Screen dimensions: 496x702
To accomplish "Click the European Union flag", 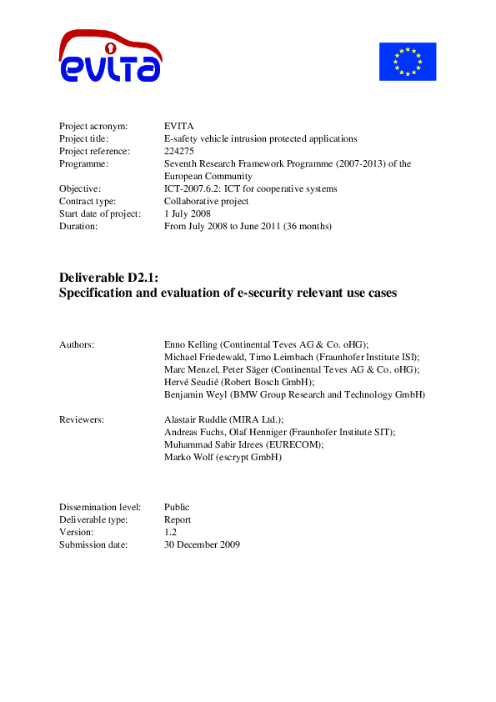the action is pos(408,61).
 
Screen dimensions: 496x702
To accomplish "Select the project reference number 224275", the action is pos(179,151).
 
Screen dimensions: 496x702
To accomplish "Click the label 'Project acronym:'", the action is pos(93,126).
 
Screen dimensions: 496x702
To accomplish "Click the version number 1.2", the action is pos(171,532).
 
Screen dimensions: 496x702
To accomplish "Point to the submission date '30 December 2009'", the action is pos(202,544).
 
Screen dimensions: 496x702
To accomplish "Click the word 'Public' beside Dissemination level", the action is pos(177,507).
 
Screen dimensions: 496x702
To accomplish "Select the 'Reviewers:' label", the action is pos(82,419).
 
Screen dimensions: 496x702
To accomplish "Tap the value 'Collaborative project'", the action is pos(206,201).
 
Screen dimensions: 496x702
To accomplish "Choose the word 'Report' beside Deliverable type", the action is pos(178,519).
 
